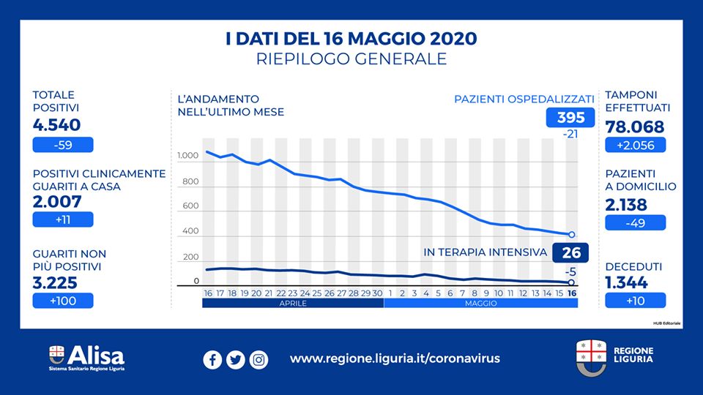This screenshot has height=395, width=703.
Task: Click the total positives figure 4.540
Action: coord(57,125)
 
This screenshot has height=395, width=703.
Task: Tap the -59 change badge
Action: coord(63,145)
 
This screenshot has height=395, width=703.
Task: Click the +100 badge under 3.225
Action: coord(63,300)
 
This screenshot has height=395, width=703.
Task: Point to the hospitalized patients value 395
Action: coord(571,118)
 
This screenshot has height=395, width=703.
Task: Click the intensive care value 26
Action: coord(573,253)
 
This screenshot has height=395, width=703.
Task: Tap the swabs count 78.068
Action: coord(635,127)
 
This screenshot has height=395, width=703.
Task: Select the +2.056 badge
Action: coord(636,145)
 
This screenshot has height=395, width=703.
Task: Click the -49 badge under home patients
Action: coord(636,222)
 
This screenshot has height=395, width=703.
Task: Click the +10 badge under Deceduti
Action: coord(636,300)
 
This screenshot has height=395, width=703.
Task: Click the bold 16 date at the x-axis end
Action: coord(572,293)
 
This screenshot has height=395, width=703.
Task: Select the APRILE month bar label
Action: coord(293,303)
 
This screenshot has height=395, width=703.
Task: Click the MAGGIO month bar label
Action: coord(480,303)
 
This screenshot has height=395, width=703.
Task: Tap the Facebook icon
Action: coord(212,359)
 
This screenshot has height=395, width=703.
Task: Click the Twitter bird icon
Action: coord(235,359)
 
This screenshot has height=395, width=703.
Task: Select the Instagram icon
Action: coord(258,359)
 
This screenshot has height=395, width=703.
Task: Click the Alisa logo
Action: coord(87,357)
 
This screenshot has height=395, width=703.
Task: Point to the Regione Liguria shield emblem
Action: coord(589,355)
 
